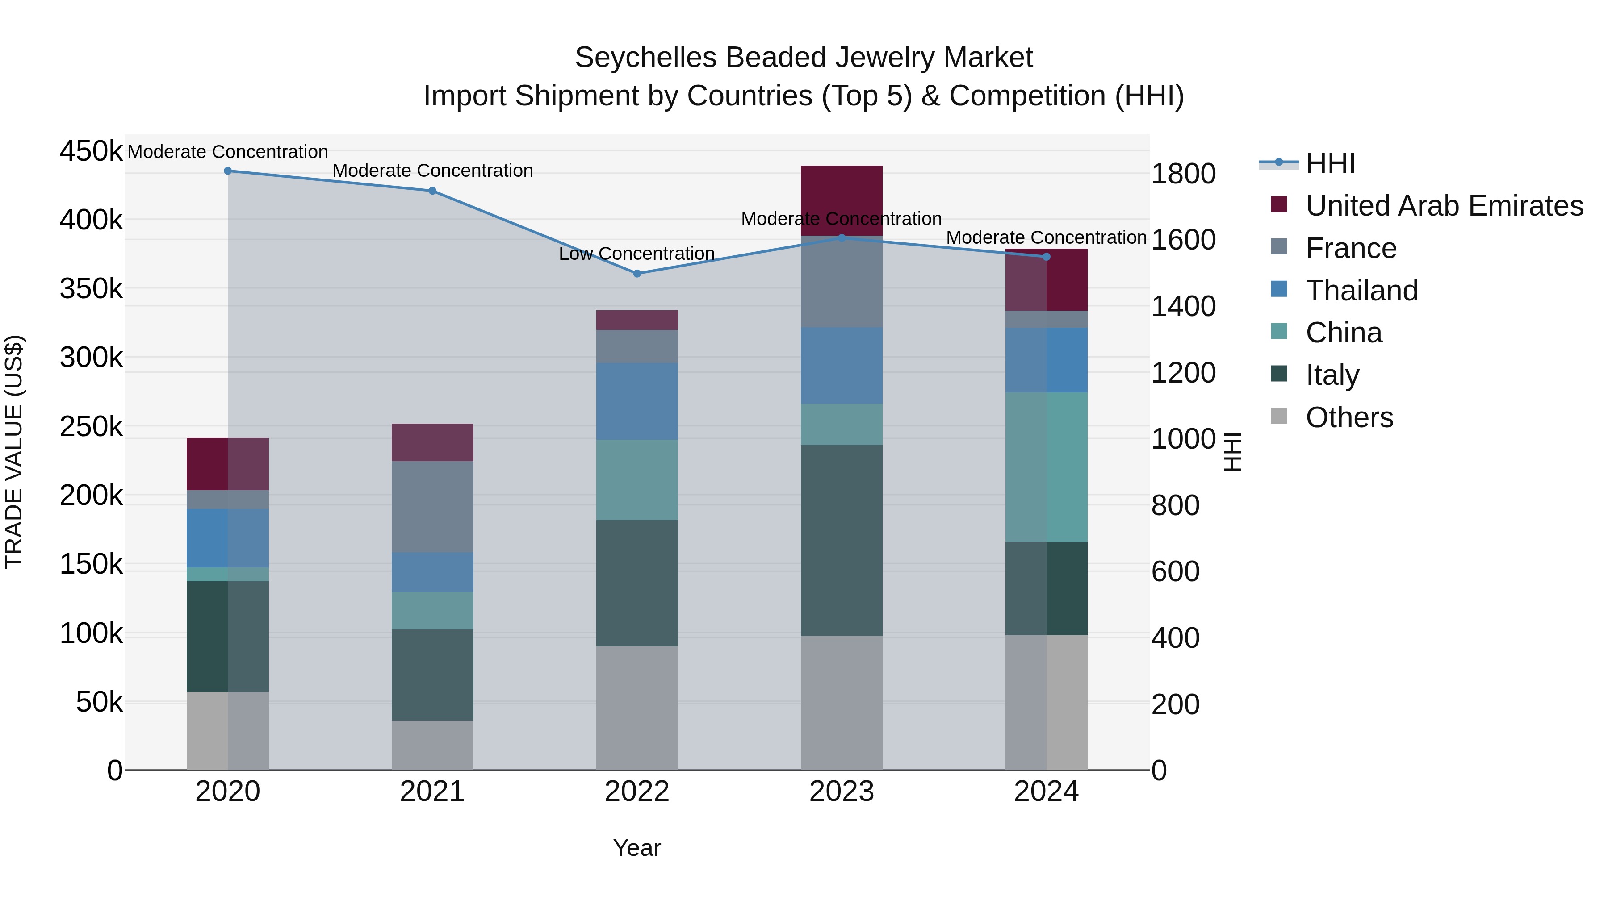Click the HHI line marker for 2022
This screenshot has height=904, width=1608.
636,273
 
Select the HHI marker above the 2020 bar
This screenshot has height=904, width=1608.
228,171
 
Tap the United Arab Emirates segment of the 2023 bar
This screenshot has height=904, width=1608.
842,200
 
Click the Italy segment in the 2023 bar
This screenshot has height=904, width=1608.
842,540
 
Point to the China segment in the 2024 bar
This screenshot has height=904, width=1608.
1046,467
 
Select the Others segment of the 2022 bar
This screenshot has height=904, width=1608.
636,708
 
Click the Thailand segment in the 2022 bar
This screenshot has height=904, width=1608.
636,401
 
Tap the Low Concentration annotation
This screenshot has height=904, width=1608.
636,254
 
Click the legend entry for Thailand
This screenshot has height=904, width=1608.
1361,291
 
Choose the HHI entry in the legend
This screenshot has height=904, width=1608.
1330,163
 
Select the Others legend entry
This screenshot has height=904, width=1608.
1349,417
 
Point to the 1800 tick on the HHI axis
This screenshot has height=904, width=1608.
1183,174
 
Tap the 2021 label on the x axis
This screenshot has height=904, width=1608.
432,792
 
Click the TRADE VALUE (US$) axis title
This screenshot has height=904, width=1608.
14,452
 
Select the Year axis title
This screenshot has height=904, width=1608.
636,848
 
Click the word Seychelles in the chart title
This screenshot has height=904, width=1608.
645,58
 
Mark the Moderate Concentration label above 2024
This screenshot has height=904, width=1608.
1046,237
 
